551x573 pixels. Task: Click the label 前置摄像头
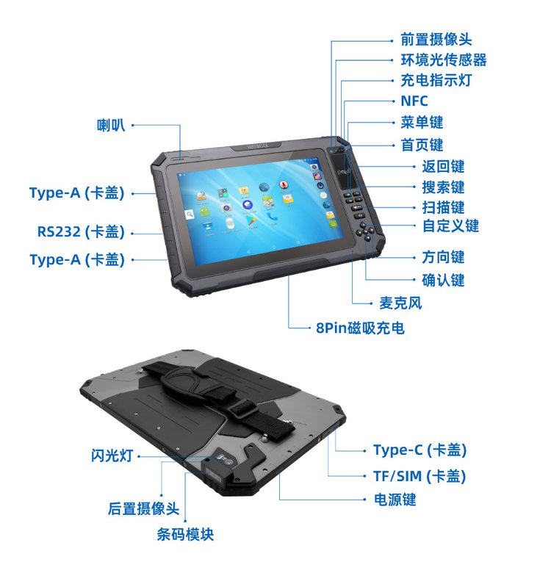[x=436, y=40]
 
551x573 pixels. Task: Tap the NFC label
[x=414, y=101]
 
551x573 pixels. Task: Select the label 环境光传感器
[x=444, y=60]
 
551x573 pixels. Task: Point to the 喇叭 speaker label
[x=111, y=125]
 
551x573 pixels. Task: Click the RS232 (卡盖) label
[x=81, y=231]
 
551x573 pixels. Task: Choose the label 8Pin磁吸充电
[x=360, y=328]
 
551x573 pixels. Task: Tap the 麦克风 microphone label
[x=400, y=303]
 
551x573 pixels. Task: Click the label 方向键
[x=443, y=257]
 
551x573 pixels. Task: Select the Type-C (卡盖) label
[x=419, y=450]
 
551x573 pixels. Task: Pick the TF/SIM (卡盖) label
[x=419, y=476]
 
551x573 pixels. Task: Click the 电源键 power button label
[x=395, y=500]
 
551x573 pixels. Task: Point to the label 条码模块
[x=185, y=535]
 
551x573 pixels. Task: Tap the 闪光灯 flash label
[x=112, y=455]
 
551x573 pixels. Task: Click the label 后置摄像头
[x=143, y=508]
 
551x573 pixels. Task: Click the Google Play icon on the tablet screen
[x=251, y=220]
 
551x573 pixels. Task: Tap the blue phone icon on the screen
[x=272, y=217]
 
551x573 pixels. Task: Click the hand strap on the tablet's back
[x=219, y=394]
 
